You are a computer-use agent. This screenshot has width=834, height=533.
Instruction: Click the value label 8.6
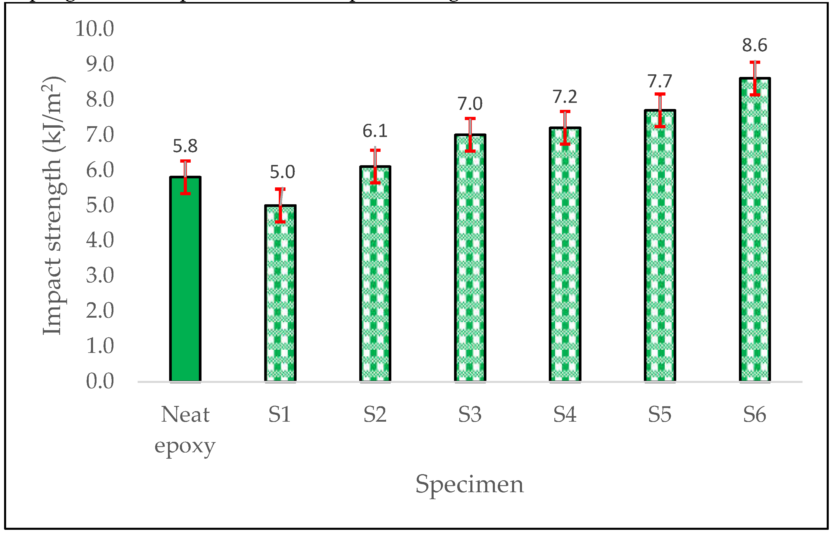pyautogui.click(x=754, y=45)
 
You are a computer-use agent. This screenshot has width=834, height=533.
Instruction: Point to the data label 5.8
pyautogui.click(x=185, y=146)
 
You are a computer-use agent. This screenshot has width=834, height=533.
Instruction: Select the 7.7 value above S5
pyautogui.click(x=660, y=81)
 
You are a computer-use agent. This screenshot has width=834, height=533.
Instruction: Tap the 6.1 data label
pyautogui.click(x=375, y=131)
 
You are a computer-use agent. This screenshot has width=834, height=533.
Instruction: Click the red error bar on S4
pyautogui.click(x=565, y=128)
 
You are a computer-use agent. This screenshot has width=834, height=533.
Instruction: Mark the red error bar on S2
pyautogui.click(x=375, y=166)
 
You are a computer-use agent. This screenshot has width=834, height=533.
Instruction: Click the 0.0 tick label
pyautogui.click(x=100, y=381)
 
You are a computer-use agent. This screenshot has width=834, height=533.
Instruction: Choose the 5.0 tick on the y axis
pyautogui.click(x=100, y=205)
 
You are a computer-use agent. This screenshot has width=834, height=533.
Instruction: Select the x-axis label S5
pyautogui.click(x=660, y=414)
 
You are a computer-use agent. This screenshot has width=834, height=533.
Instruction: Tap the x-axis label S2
pyautogui.click(x=375, y=414)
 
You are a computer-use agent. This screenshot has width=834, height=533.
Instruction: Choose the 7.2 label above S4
pyautogui.click(x=565, y=96)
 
